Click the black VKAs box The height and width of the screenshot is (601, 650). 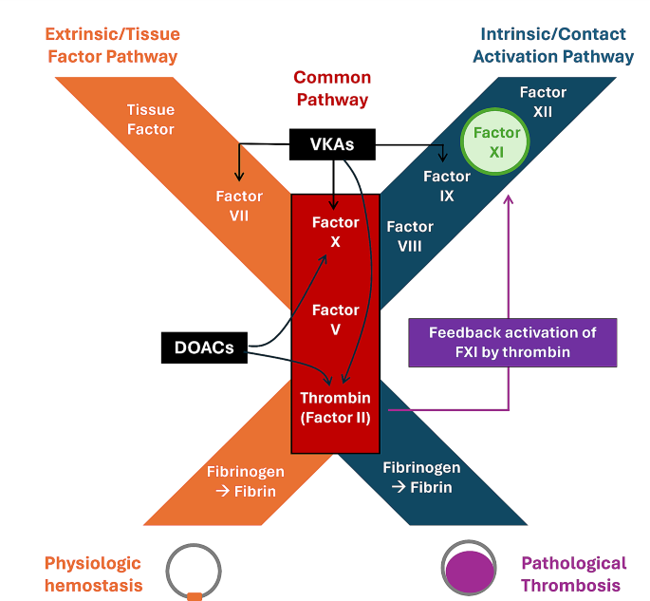332,145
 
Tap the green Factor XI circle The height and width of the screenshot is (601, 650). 497,142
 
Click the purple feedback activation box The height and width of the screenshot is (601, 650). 511,342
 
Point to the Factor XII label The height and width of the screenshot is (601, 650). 544,102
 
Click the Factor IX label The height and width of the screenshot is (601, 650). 446,186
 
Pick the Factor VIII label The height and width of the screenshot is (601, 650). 410,236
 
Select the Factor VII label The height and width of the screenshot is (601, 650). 238,206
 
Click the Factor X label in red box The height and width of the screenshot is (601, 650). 336,232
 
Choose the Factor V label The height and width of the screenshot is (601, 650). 336,319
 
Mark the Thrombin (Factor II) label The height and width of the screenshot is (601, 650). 336,407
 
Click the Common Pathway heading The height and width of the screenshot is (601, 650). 331,88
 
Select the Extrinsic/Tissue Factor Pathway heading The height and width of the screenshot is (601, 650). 112,45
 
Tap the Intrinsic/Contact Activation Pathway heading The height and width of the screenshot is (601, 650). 552,45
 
